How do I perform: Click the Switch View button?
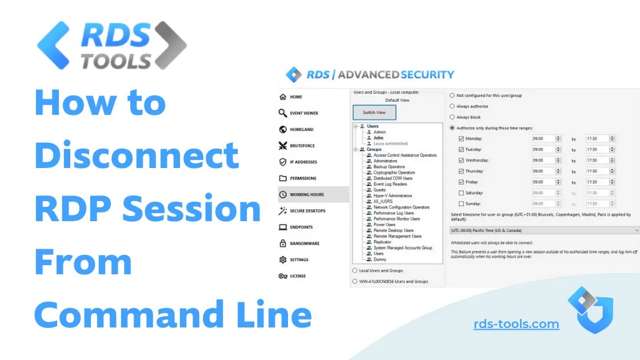[x=374, y=113]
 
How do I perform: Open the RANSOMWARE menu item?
[x=305, y=243]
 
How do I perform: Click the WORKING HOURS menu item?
[x=307, y=194]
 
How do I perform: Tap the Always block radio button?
[x=453, y=117]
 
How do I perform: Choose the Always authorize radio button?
[x=453, y=106]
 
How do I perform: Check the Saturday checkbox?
[x=461, y=193]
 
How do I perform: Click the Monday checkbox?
[x=461, y=139]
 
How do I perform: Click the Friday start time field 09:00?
[x=543, y=182]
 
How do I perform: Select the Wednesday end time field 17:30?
[x=597, y=161]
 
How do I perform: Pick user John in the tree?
[x=378, y=138]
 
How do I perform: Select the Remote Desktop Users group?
[x=393, y=230]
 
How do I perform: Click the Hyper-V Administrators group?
[x=393, y=196]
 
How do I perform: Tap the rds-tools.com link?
[x=516, y=325]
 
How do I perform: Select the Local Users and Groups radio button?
[x=355, y=270]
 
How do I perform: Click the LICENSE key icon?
[x=282, y=276]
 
